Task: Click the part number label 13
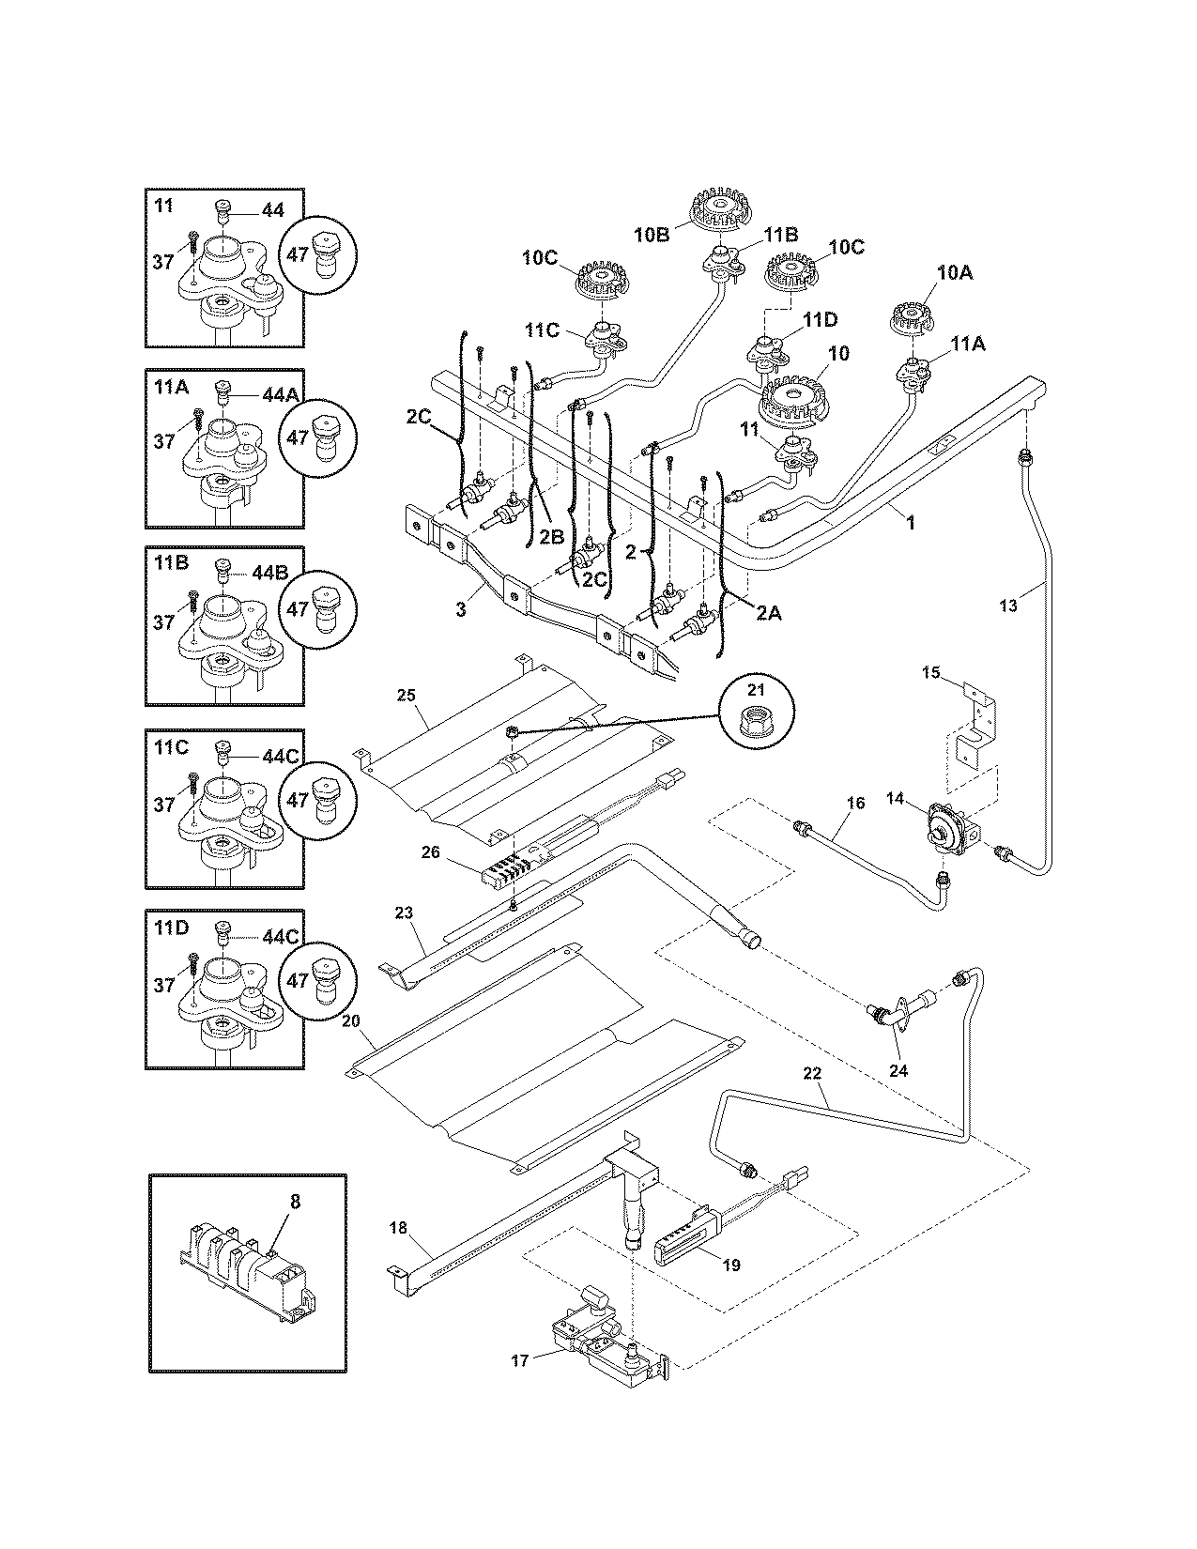pos(1007,606)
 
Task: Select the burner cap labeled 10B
pos(721,207)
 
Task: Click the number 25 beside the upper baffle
pos(406,696)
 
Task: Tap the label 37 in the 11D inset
pos(164,985)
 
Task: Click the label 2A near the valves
pos(768,612)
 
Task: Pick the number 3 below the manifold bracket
pos(461,609)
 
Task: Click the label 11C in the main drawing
pos(542,330)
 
